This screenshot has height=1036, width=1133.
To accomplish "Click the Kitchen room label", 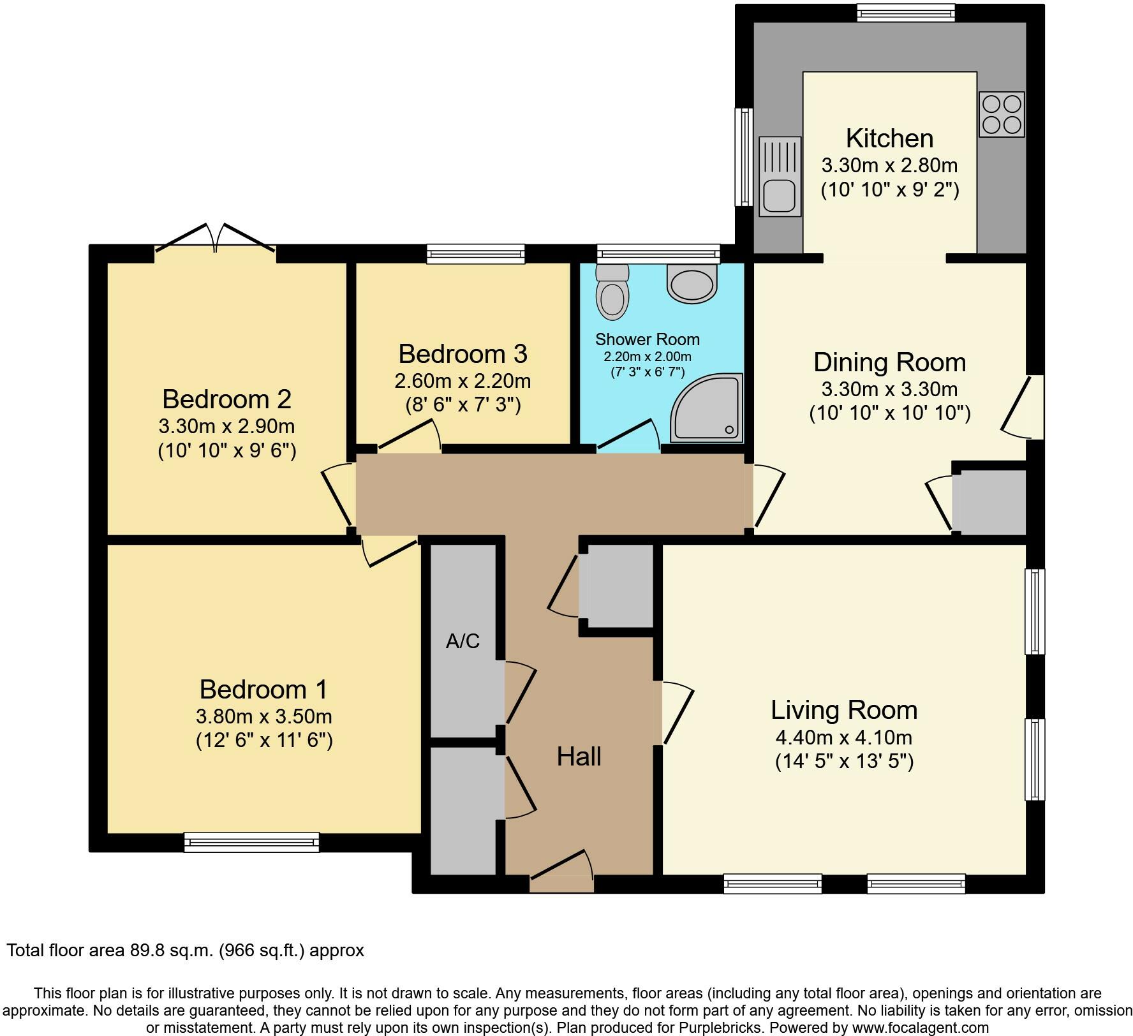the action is (x=889, y=138).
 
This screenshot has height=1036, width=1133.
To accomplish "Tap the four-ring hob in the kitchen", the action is (x=1002, y=114).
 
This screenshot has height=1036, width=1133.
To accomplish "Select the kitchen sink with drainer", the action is (x=780, y=177).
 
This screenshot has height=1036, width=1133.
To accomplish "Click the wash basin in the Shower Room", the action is (x=692, y=285).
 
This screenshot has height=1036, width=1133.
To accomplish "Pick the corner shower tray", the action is (x=707, y=408).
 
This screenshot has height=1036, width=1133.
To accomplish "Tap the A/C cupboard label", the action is (x=463, y=641).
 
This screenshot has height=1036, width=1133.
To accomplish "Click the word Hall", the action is (x=579, y=757).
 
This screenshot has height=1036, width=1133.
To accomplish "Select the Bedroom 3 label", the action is (x=463, y=353).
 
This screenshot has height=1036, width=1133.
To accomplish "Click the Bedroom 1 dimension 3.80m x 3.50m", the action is (x=264, y=716).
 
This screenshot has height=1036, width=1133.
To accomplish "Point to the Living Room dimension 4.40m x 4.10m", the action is (x=844, y=737).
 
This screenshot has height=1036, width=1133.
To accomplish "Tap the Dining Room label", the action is (x=889, y=362).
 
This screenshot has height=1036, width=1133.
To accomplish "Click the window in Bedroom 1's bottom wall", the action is (x=251, y=842).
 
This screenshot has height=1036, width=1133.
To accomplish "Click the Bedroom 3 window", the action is (x=476, y=254).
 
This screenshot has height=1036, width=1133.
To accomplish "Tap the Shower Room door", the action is (x=628, y=436).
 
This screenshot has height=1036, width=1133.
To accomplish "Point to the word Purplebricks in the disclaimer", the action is (x=726, y=1028).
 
